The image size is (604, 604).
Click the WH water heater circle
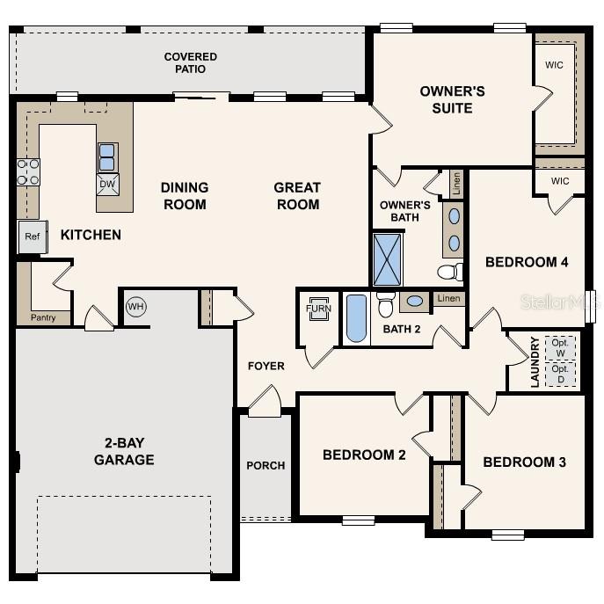(x=135, y=307)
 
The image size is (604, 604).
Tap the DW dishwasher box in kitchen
(x=107, y=184)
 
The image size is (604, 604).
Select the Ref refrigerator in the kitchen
(x=32, y=237)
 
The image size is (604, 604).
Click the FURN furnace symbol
(x=317, y=309)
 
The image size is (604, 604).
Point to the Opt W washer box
(x=560, y=347)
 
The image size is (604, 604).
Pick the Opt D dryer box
(x=560, y=373)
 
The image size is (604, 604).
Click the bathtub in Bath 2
(x=356, y=318)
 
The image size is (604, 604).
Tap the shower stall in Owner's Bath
(x=387, y=259)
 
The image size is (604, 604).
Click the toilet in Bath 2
(x=385, y=304)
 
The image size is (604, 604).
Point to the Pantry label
(x=43, y=317)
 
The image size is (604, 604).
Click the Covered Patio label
(x=190, y=63)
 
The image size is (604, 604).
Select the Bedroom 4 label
(x=527, y=262)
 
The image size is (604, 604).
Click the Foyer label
(x=266, y=366)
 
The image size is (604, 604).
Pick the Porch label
(x=265, y=465)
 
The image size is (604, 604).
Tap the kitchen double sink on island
(x=107, y=156)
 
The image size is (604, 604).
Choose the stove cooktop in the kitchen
(x=28, y=171)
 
